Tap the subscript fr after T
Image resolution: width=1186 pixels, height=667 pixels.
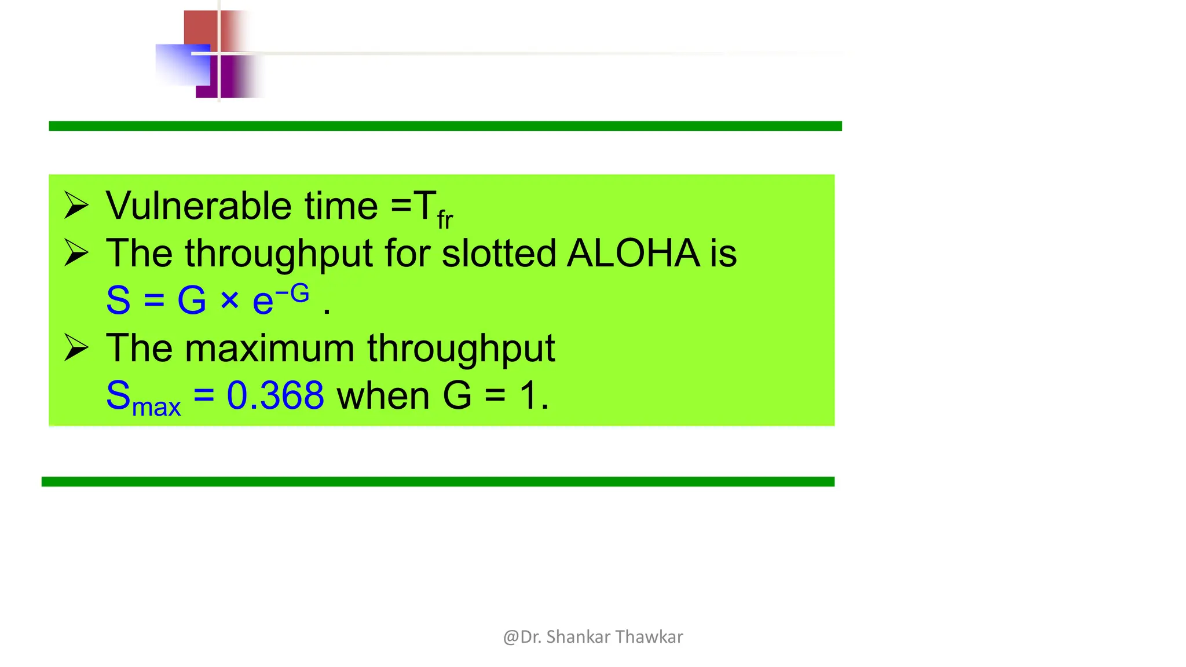click(x=445, y=220)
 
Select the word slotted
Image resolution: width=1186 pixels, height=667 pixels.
click(x=498, y=254)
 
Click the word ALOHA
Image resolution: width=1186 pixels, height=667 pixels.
click(x=633, y=254)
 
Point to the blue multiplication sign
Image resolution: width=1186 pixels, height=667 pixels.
click(x=229, y=300)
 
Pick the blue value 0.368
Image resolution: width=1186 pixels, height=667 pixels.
click(x=275, y=396)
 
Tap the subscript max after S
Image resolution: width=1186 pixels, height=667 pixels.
click(x=156, y=406)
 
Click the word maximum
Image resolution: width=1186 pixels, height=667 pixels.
click(x=269, y=349)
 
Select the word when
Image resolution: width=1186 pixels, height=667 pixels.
click(x=383, y=396)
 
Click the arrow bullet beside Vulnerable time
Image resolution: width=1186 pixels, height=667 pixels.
click(x=76, y=206)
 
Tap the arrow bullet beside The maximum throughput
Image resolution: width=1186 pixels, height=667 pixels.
click(x=76, y=347)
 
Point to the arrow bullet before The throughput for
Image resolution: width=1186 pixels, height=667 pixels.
click(x=76, y=253)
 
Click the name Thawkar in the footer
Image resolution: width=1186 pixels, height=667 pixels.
click(x=649, y=637)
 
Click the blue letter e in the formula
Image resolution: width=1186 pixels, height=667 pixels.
click(x=263, y=302)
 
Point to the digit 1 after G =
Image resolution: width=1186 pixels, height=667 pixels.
click(x=528, y=396)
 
